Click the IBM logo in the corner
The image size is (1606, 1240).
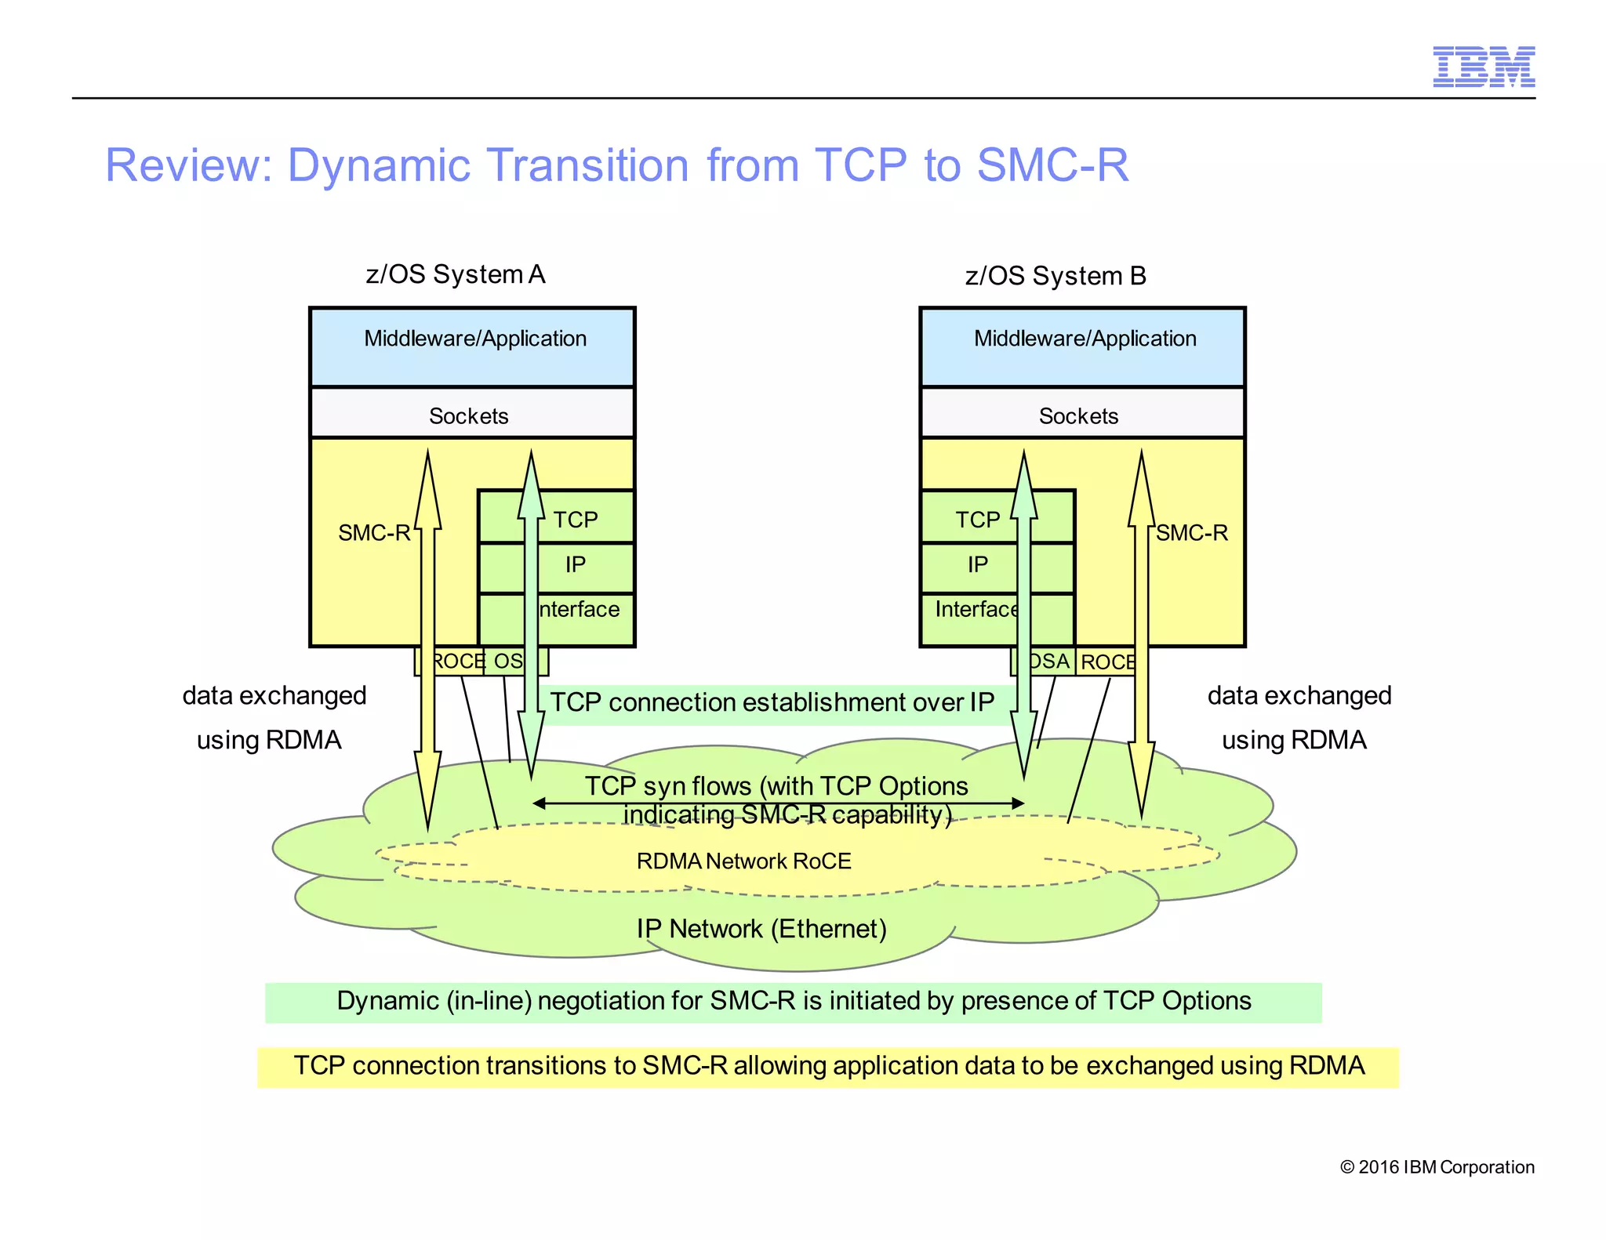tap(1483, 67)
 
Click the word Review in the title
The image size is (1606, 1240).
tap(188, 165)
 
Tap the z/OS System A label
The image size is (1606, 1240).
tap(455, 274)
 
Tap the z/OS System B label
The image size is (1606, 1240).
tap(1055, 276)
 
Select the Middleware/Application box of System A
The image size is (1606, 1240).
tap(474, 345)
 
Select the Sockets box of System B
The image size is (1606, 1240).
tap(1081, 415)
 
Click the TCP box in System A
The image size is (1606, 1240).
tap(576, 518)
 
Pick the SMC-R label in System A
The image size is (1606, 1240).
tap(373, 533)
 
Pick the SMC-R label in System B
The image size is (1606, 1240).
tap(1192, 533)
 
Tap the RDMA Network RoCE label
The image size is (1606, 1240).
tap(743, 861)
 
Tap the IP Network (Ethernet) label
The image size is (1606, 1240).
tap(761, 929)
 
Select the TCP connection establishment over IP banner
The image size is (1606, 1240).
tap(772, 703)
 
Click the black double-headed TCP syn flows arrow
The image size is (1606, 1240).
tap(776, 803)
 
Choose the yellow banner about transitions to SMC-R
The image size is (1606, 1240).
tap(828, 1067)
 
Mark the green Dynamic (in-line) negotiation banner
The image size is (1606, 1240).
tap(794, 1002)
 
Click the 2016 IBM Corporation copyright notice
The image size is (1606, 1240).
tap(1437, 1167)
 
